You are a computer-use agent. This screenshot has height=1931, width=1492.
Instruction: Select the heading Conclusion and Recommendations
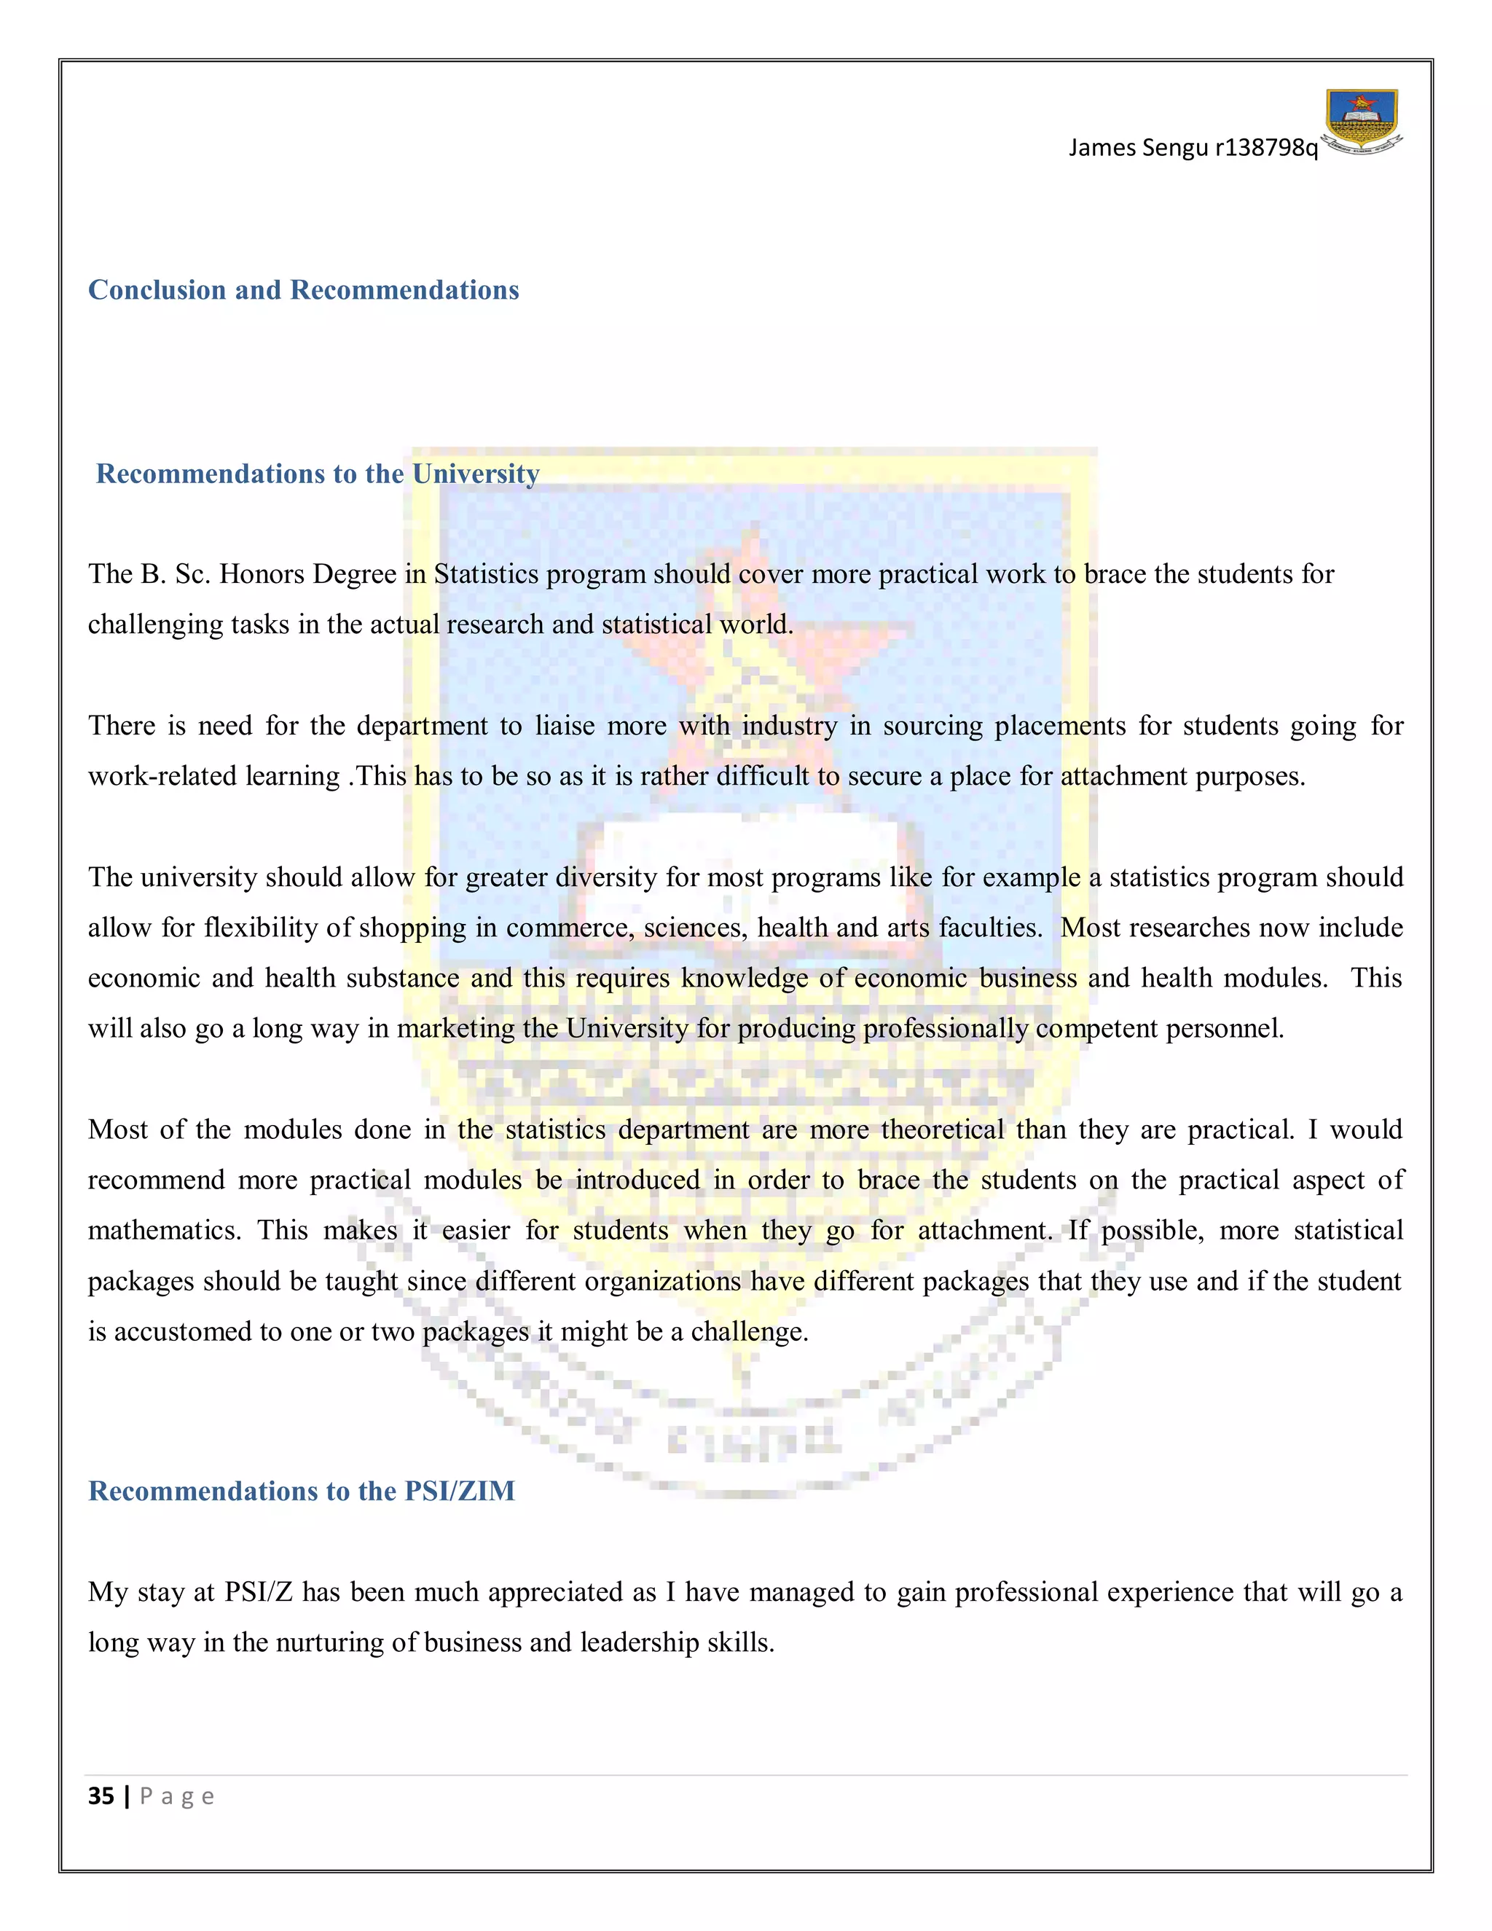(303, 290)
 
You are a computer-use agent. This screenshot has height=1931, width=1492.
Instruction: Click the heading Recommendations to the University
(318, 474)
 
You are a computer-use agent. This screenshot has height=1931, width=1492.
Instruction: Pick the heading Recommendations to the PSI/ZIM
(302, 1491)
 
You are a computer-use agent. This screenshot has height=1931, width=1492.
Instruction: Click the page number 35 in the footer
(101, 1795)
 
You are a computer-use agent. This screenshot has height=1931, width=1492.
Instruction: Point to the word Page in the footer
(177, 1795)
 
